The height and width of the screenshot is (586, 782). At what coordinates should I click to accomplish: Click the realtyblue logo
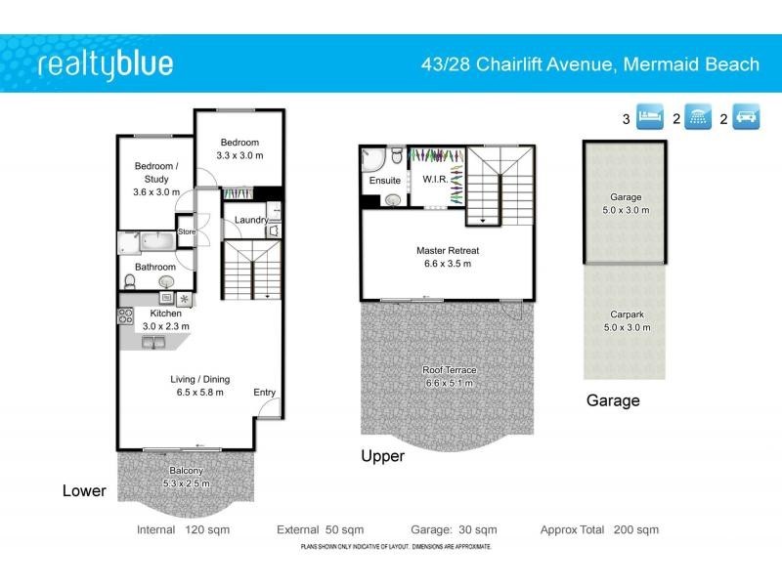pos(105,64)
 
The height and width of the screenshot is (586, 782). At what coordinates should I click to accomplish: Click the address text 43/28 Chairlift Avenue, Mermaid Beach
pos(588,64)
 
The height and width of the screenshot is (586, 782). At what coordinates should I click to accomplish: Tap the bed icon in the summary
pos(650,119)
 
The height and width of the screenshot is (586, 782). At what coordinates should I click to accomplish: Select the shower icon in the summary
pos(698,119)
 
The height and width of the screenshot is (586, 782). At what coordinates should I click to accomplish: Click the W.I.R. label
pos(434,180)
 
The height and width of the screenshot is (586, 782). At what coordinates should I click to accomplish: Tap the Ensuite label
pos(383,181)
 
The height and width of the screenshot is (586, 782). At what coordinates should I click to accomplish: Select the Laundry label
pos(250,220)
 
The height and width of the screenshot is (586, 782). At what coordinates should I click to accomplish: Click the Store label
pos(187,232)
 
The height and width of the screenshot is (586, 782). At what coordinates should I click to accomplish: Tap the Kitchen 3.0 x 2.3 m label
pos(165,319)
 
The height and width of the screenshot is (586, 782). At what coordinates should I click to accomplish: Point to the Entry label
pos(265,393)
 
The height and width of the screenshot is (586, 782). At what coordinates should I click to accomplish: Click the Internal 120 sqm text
pos(178,530)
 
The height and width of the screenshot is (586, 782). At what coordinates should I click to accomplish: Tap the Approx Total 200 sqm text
pos(599,530)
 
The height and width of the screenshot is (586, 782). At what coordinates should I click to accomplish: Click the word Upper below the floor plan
pos(382,456)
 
